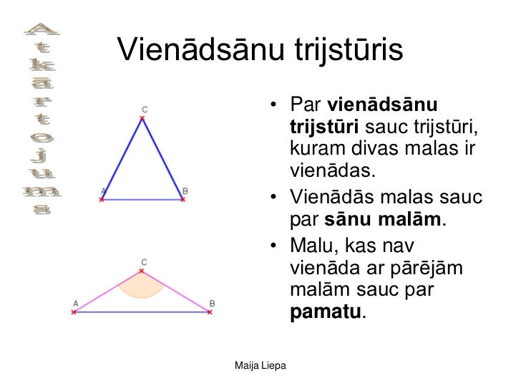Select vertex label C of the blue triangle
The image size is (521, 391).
tap(145, 109)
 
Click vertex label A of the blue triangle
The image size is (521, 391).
tap(104, 190)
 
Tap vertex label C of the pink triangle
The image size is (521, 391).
tap(143, 262)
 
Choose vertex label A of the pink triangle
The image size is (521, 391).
tap(75, 303)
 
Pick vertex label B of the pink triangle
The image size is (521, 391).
tap(212, 303)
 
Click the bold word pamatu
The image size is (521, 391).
tap(326, 313)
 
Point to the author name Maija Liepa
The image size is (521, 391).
tap(261, 367)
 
